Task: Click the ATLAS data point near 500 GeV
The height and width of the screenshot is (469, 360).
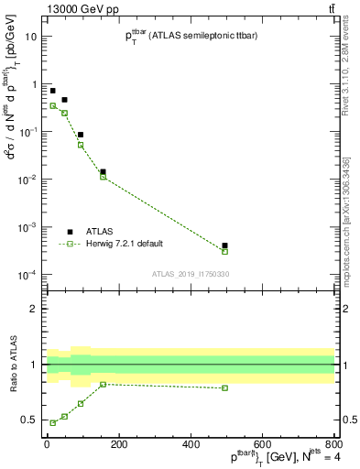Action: (x=224, y=245)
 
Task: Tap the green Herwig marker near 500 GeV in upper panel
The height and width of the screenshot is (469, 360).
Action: (x=224, y=251)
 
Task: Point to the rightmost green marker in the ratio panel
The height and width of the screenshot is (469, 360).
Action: (x=224, y=387)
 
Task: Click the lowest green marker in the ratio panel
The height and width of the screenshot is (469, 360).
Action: (x=52, y=422)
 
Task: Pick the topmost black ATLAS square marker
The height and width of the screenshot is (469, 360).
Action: (x=52, y=91)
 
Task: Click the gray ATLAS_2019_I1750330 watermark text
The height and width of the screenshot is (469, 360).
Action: (x=190, y=273)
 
